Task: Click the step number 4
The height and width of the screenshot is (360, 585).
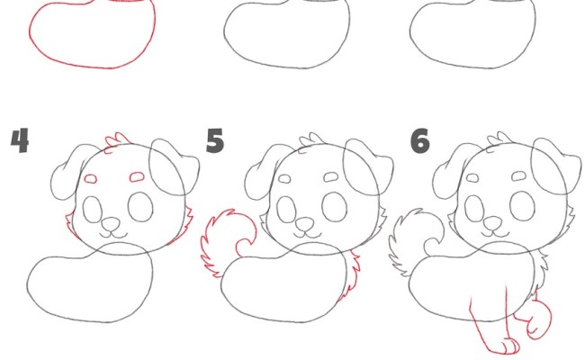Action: pyautogui.click(x=20, y=140)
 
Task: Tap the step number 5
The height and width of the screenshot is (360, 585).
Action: pyautogui.click(x=215, y=140)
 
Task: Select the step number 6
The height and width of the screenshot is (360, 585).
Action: pyautogui.click(x=420, y=141)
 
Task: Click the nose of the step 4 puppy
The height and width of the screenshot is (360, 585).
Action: pyautogui.click(x=112, y=224)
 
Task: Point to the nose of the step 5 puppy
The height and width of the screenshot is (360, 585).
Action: pyautogui.click(x=305, y=224)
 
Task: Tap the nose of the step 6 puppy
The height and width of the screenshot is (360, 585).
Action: pyautogui.click(x=493, y=224)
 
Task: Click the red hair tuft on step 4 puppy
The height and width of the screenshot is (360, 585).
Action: pyautogui.click(x=117, y=142)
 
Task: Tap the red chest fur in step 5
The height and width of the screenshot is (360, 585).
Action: pyautogui.click(x=353, y=276)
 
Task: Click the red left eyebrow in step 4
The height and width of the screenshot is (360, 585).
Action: pyautogui.click(x=90, y=179)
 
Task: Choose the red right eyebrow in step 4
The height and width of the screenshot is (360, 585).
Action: pyautogui.click(x=137, y=176)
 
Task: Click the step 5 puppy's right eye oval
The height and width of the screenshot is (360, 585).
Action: pyautogui.click(x=334, y=206)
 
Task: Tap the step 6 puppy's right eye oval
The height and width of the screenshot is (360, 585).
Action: pyautogui.click(x=522, y=206)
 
